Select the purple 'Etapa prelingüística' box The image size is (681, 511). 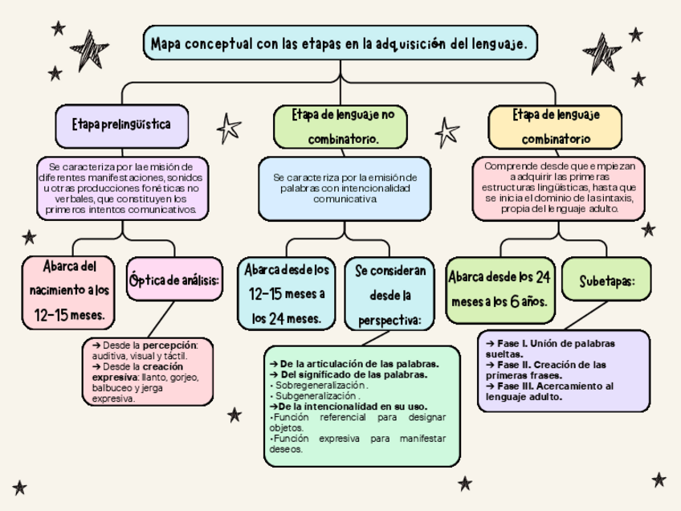121,125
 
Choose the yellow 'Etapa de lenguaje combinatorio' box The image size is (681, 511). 555,126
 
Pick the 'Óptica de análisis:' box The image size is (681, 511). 174,280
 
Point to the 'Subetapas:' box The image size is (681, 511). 607,280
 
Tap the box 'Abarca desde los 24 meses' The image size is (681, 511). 500,289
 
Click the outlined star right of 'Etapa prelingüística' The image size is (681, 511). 229,127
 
